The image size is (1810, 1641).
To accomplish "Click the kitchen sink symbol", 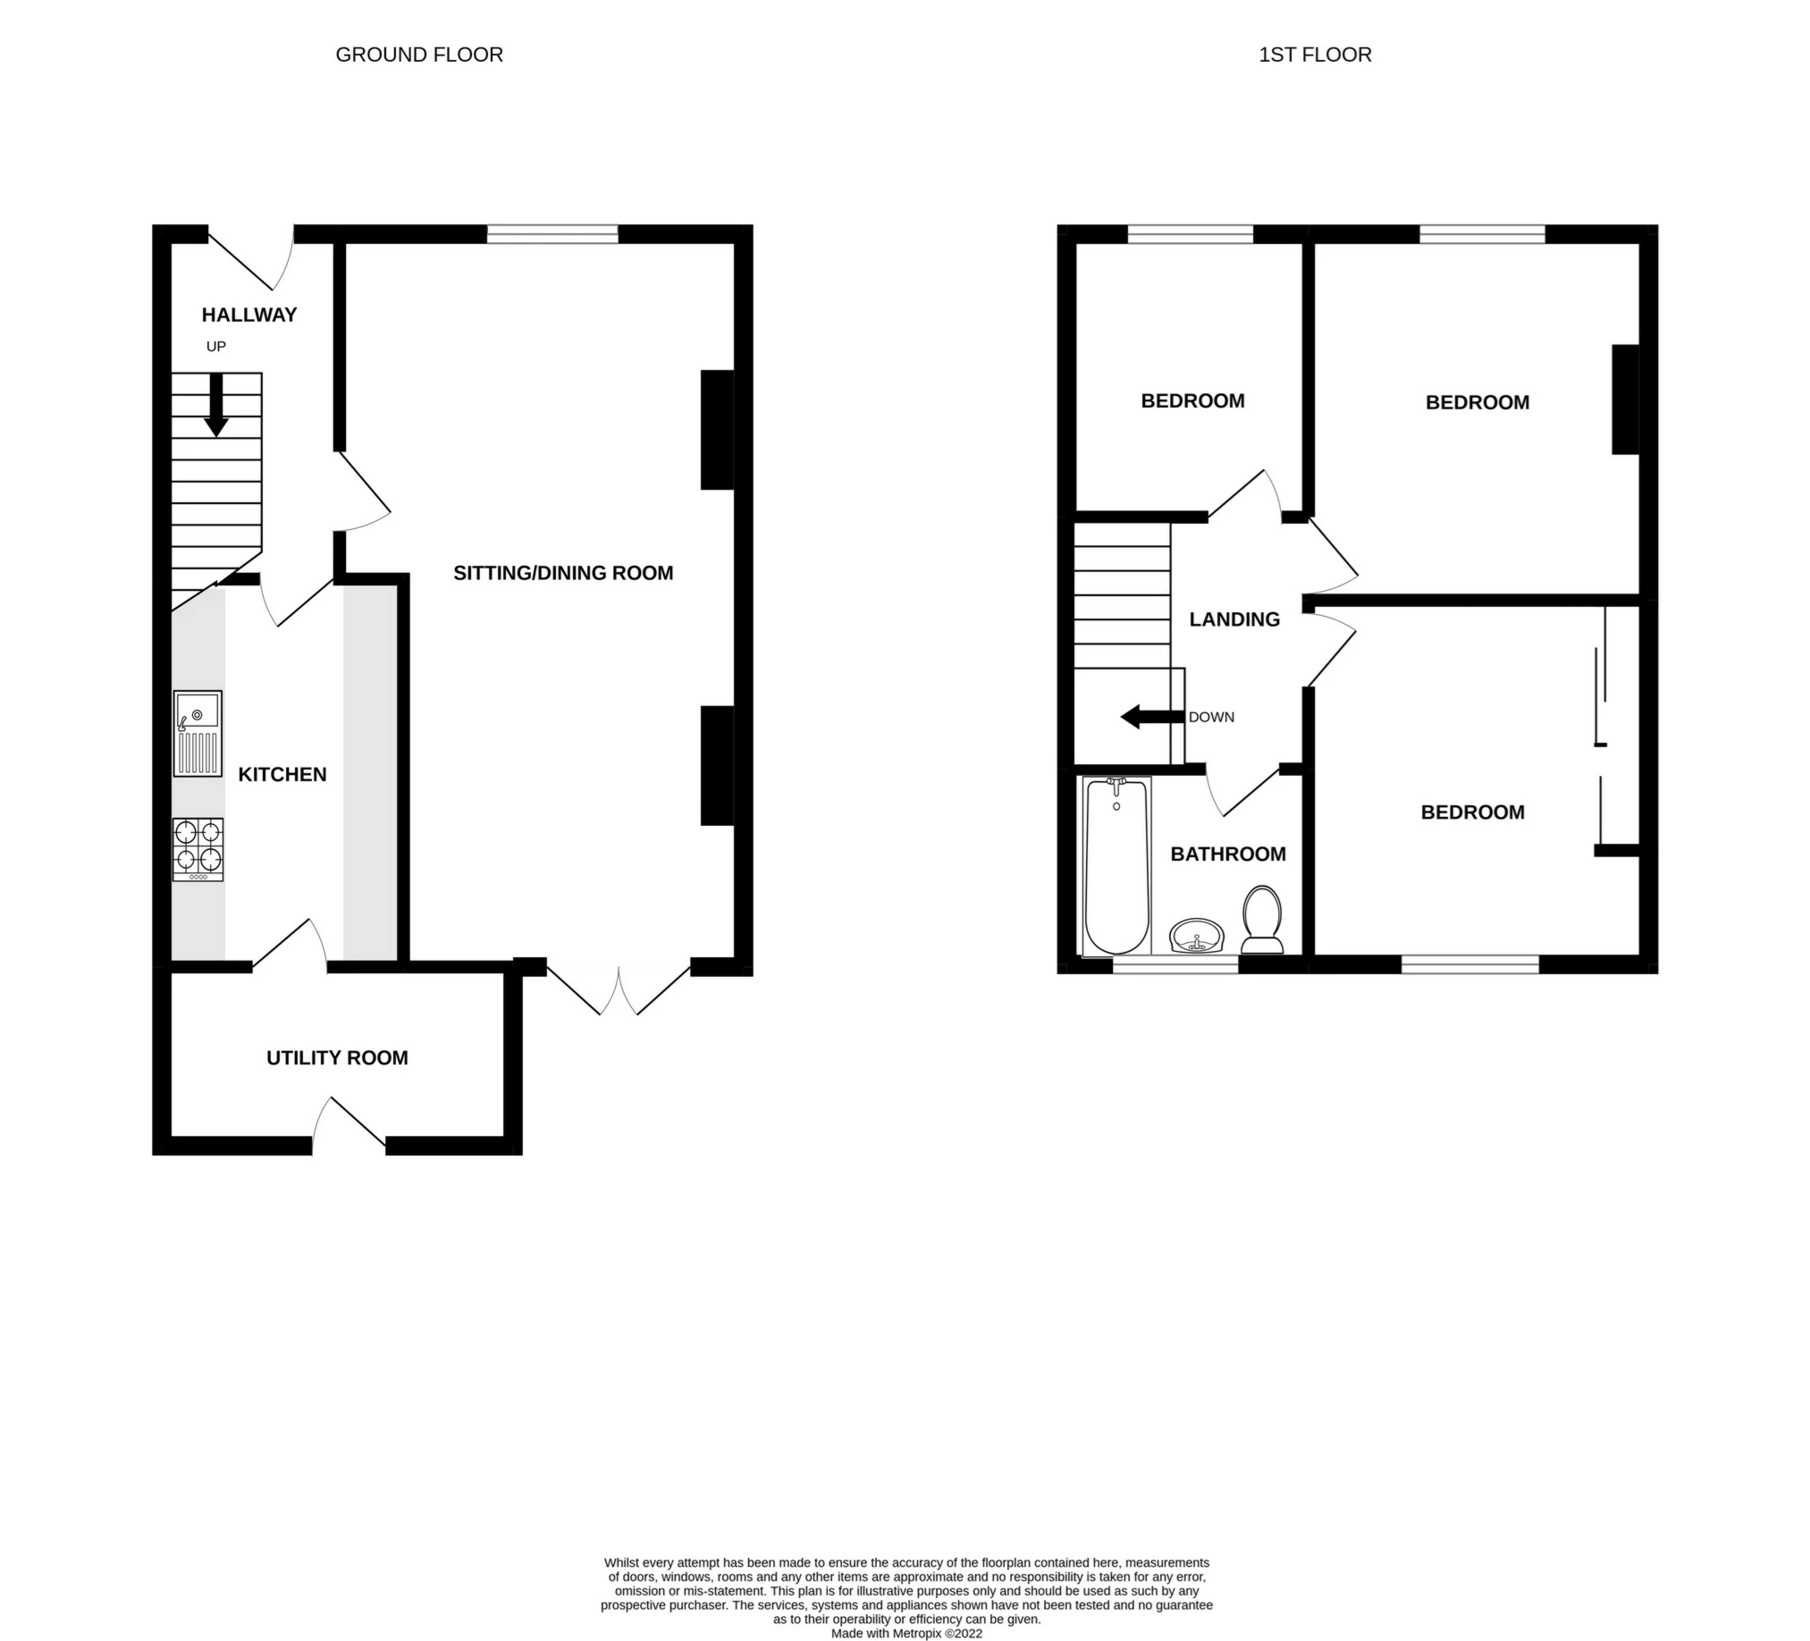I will click(x=198, y=735).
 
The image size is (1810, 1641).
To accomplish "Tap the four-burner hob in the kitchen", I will click(x=198, y=850).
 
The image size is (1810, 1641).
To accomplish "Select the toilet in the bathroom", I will click(x=1261, y=920).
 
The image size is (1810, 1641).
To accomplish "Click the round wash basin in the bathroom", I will click(x=1197, y=937).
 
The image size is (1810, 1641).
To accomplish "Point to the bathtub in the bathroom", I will click(x=1117, y=866).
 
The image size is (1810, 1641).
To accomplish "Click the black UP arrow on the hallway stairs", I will click(x=216, y=405).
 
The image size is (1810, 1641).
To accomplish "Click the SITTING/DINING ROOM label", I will click(x=563, y=573).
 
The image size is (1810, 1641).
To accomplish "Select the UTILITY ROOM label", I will click(x=337, y=1058).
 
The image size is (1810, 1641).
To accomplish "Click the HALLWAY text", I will click(x=248, y=316).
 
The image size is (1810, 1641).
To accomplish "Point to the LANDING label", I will click(x=1234, y=619).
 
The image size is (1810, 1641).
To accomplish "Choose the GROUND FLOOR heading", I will click(x=418, y=55).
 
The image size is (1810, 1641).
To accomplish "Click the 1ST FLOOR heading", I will click(x=1315, y=55).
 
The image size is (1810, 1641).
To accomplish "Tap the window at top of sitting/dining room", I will click(x=552, y=234).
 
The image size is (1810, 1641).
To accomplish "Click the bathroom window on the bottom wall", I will click(x=1175, y=965).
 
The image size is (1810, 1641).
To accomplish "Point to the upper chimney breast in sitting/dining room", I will click(x=718, y=430).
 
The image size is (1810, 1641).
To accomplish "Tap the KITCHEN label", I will click(x=282, y=775).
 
